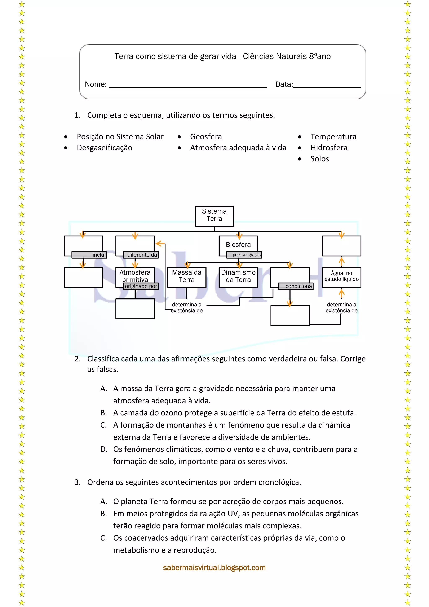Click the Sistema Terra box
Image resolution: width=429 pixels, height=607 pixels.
[x=214, y=216]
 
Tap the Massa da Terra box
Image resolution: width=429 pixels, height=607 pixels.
[x=186, y=276]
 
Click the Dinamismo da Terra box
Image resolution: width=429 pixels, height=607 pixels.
[x=238, y=276]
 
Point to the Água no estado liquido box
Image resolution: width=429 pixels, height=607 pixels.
[x=341, y=276]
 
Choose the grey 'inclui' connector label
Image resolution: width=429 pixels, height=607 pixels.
[x=89, y=255]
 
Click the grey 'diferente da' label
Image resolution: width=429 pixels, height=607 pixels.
[x=141, y=255]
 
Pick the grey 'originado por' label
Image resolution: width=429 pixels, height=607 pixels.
[x=141, y=286]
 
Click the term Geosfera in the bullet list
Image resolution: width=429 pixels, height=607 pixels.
[x=206, y=137]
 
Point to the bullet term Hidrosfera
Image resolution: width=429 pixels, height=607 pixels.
[x=329, y=148]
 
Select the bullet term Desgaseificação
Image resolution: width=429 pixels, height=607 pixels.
[x=104, y=148]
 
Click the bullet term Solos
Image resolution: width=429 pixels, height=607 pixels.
[x=320, y=159]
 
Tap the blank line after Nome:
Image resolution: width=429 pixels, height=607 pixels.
[x=188, y=85]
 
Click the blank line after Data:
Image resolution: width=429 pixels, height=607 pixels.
[x=327, y=85]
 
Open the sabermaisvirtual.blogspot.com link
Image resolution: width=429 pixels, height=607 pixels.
[x=214, y=568]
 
